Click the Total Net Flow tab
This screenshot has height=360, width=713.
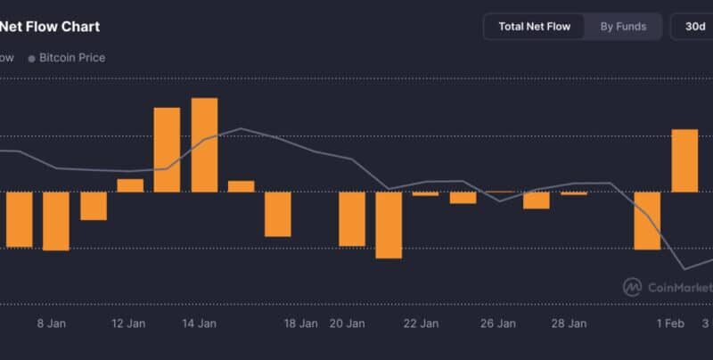[534, 27]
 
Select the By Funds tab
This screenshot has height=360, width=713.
[623, 27]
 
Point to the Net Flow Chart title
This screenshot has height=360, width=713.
[50, 27]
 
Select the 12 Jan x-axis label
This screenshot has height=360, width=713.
[128, 323]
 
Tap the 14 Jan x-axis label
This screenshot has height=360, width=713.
[200, 323]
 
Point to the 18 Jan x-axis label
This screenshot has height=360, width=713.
[301, 323]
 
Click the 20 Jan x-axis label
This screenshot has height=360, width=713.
[348, 323]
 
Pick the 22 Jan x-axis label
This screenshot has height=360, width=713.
[421, 323]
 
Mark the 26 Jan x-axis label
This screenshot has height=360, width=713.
[498, 323]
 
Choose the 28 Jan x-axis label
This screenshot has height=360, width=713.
[569, 323]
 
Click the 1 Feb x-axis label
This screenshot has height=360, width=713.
[670, 323]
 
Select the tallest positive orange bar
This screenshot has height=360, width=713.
[204, 144]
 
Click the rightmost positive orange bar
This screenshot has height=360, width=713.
[684, 160]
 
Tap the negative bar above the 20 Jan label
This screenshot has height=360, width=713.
[352, 218]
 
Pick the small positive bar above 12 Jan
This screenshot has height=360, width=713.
[130, 185]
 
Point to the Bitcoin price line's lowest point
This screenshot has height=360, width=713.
[685, 269]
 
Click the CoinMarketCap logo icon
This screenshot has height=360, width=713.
[632, 286]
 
